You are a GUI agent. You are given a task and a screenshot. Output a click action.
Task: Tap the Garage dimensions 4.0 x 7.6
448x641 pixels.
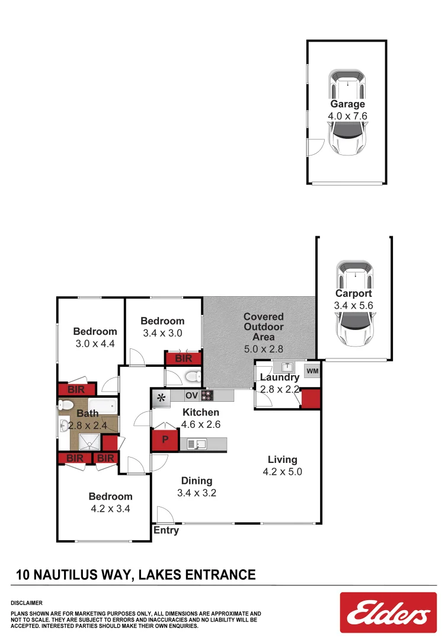pyautogui.click(x=347, y=116)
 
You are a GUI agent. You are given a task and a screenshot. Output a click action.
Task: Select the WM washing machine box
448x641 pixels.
pyautogui.click(x=312, y=371)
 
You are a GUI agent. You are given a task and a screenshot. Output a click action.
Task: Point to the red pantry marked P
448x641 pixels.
pyautogui.click(x=165, y=441)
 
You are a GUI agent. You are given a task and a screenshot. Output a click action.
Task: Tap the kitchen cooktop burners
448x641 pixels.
pyautogui.click(x=207, y=396)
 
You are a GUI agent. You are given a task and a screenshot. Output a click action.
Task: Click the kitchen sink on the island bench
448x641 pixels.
pyautogui.click(x=196, y=443)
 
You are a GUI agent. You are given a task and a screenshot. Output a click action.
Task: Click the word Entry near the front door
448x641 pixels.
pyautogui.click(x=166, y=530)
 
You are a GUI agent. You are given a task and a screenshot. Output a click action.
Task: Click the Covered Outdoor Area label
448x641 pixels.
pyautogui.click(x=264, y=327)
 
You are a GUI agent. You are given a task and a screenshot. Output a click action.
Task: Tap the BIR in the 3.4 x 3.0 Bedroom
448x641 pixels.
pyautogui.click(x=184, y=358)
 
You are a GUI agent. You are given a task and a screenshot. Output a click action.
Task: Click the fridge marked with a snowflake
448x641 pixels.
pyautogui.click(x=161, y=398)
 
